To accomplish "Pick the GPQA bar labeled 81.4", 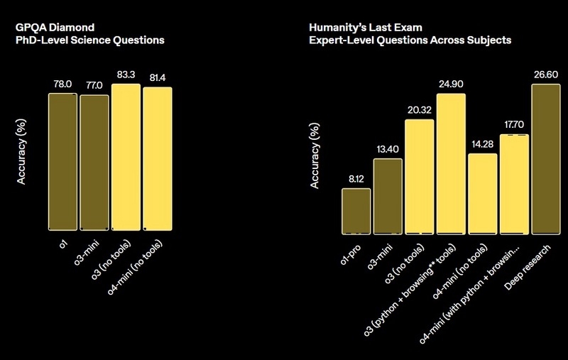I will pos(158,158).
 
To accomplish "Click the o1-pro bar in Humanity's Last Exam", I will pos(356,211).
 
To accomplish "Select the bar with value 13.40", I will pos(388,196).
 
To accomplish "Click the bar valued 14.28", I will pos(482,193).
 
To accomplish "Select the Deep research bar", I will pos(545,159).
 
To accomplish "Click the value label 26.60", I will pos(545,74).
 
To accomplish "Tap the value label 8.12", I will pos(356,178).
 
